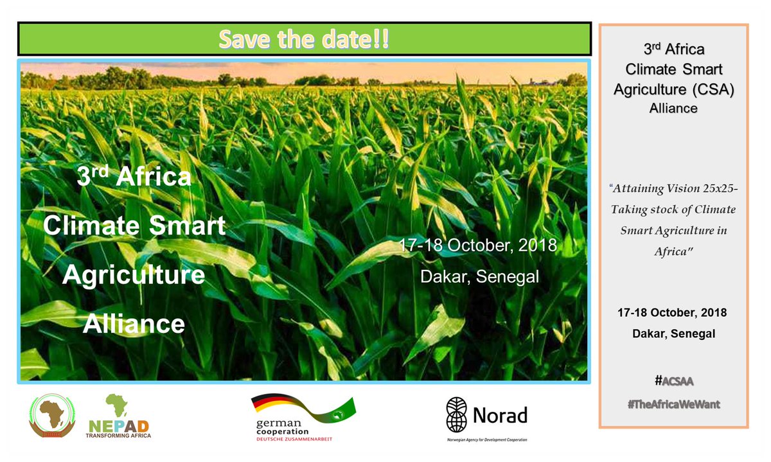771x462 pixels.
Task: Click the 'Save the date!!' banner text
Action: (303, 39)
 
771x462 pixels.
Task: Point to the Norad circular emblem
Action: (457, 414)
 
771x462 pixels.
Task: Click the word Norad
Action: (500, 415)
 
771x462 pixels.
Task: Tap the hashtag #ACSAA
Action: (674, 381)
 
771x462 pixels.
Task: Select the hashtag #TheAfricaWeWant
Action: (674, 405)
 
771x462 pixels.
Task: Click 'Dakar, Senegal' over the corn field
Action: (479, 276)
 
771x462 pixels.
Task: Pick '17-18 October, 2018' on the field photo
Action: (475, 246)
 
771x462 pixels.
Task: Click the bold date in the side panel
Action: (672, 312)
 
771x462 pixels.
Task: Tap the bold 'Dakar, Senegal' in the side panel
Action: (673, 333)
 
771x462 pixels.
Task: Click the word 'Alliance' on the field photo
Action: (134, 323)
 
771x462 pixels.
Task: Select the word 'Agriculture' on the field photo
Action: (134, 275)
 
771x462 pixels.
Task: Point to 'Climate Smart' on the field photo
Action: (134, 226)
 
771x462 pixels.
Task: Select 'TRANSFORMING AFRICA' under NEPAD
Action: (118, 435)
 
